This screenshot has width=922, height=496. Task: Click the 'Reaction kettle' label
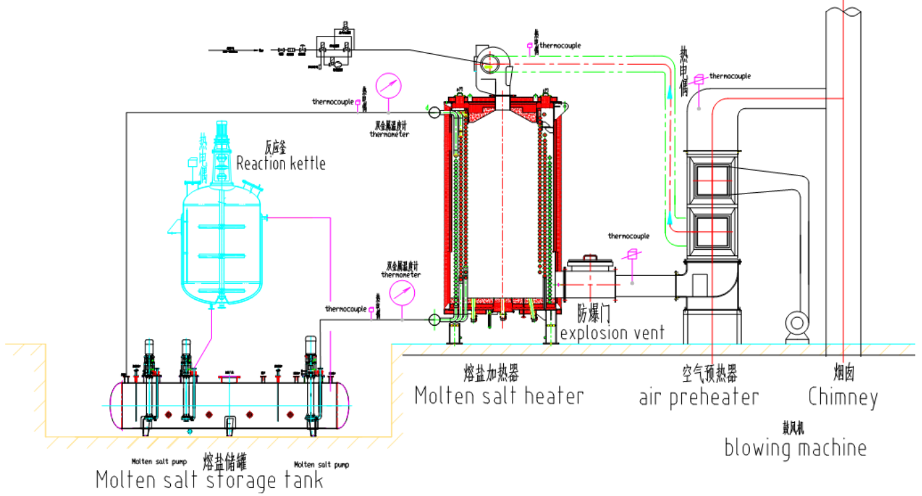pyautogui.click(x=281, y=163)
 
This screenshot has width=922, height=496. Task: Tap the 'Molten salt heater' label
pyautogui.click(x=499, y=396)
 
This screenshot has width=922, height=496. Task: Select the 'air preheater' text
pyautogui.click(x=699, y=398)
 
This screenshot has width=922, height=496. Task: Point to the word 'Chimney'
pyautogui.click(x=843, y=398)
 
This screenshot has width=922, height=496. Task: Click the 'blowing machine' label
pyautogui.click(x=795, y=447)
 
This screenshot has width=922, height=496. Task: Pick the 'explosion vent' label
pyautogui.click(x=612, y=332)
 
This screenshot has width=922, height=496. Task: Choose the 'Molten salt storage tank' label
pyautogui.click(x=209, y=479)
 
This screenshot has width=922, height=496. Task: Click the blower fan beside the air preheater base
pyautogui.click(x=796, y=324)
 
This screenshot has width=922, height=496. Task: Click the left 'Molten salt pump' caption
pyautogui.click(x=159, y=461)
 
